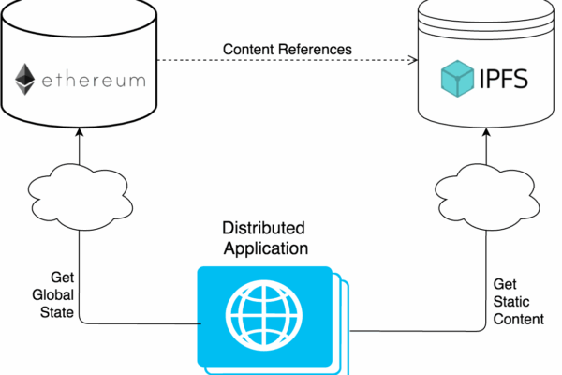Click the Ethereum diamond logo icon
pyautogui.click(x=25, y=80)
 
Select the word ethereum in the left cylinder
pyautogui.click(x=93, y=81)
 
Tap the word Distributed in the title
pyautogui.click(x=263, y=228)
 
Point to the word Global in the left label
pyautogui.click(x=53, y=293)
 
